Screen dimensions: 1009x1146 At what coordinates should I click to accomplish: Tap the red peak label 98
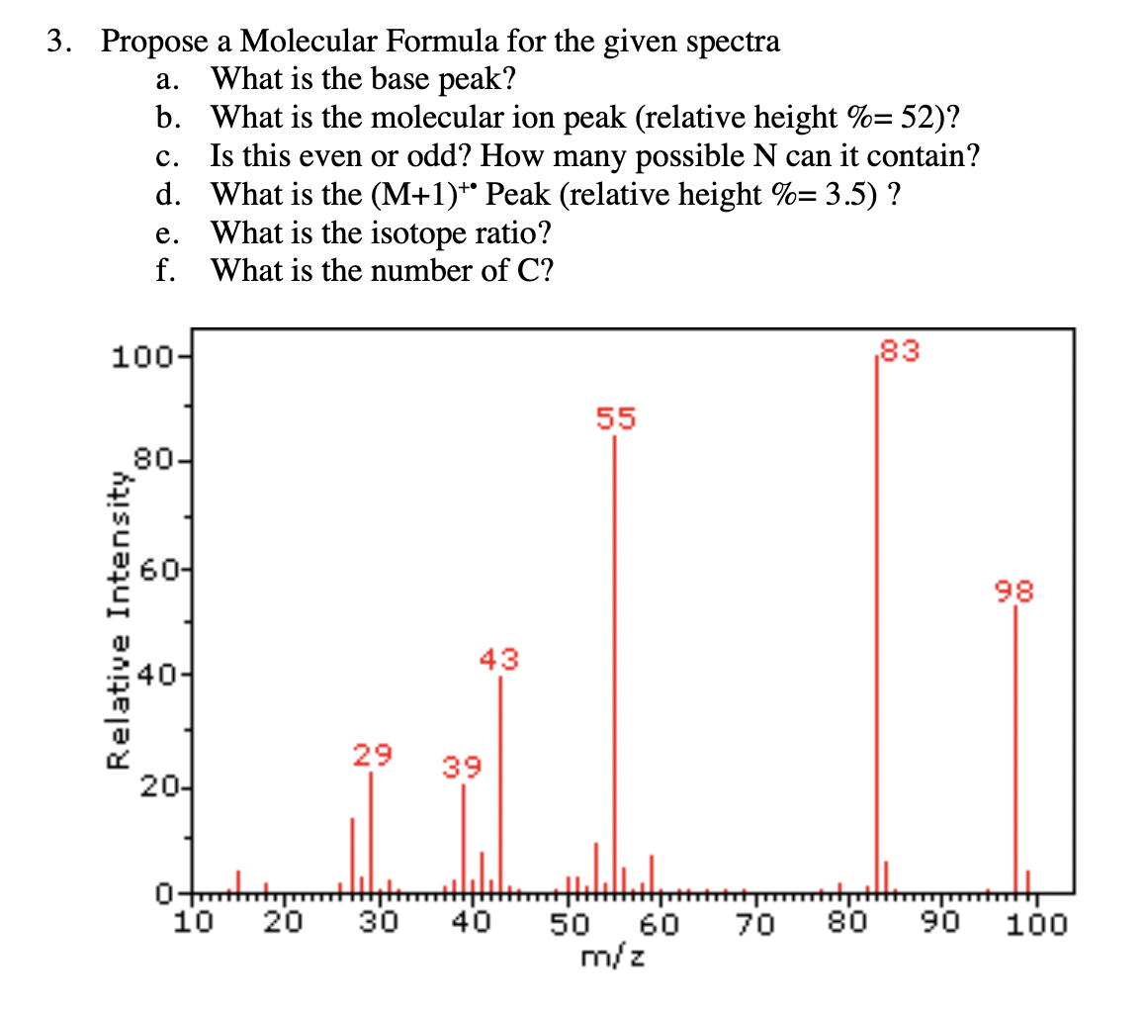click(x=1014, y=593)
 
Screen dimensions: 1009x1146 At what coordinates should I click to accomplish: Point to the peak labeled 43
click(x=500, y=781)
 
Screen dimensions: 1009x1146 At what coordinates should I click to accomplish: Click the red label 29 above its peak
click(x=372, y=756)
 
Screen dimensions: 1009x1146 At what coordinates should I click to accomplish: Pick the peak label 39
click(x=461, y=767)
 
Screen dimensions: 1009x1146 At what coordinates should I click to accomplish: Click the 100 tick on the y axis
click(x=140, y=356)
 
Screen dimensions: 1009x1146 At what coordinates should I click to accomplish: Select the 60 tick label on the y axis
click(x=158, y=570)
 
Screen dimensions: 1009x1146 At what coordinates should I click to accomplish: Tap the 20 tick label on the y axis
click(x=158, y=788)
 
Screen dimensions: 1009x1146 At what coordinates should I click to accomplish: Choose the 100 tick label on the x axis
click(x=1036, y=926)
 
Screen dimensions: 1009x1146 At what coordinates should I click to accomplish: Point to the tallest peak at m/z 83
click(x=877, y=623)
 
